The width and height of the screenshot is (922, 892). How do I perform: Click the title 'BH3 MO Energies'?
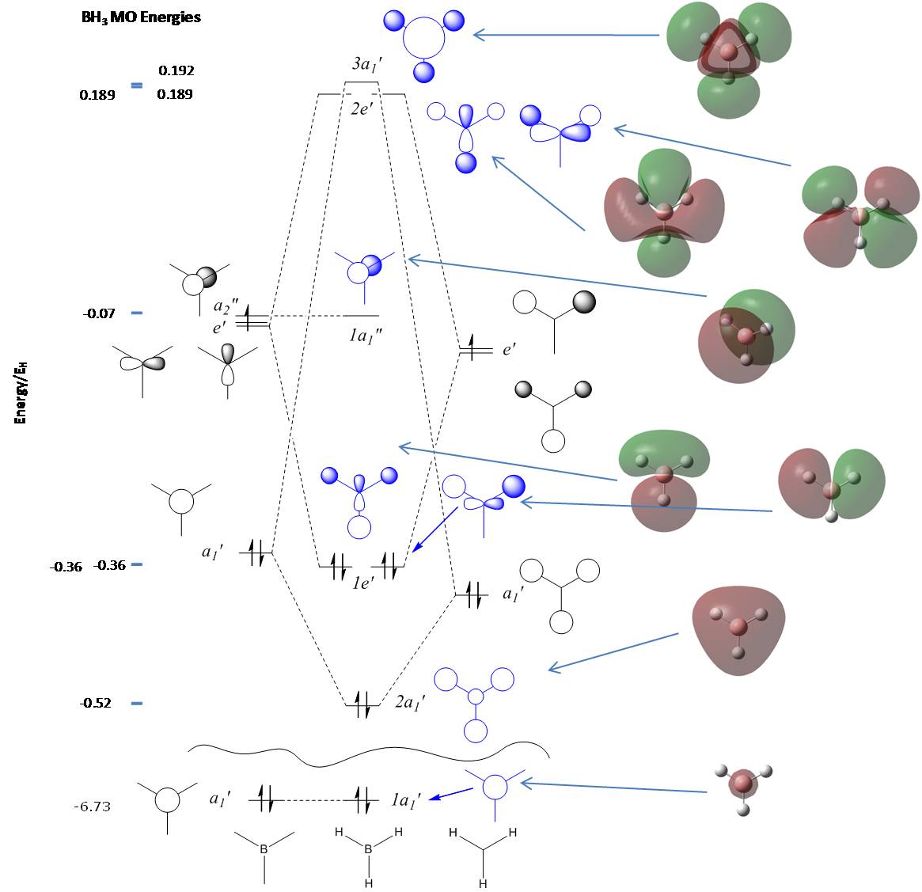(141, 17)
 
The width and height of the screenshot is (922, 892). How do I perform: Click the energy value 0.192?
(176, 70)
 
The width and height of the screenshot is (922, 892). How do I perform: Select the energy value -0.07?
(99, 313)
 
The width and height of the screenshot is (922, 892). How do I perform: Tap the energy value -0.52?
(95, 703)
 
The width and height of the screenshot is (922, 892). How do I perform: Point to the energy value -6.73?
(92, 807)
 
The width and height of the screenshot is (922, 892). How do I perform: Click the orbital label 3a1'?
(368, 63)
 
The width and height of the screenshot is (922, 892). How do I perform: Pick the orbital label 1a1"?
(367, 335)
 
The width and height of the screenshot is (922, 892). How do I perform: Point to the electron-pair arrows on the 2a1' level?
(361, 704)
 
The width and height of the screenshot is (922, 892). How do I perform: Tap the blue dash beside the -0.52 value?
(137, 703)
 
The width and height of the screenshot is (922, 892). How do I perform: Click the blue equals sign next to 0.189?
(137, 85)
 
